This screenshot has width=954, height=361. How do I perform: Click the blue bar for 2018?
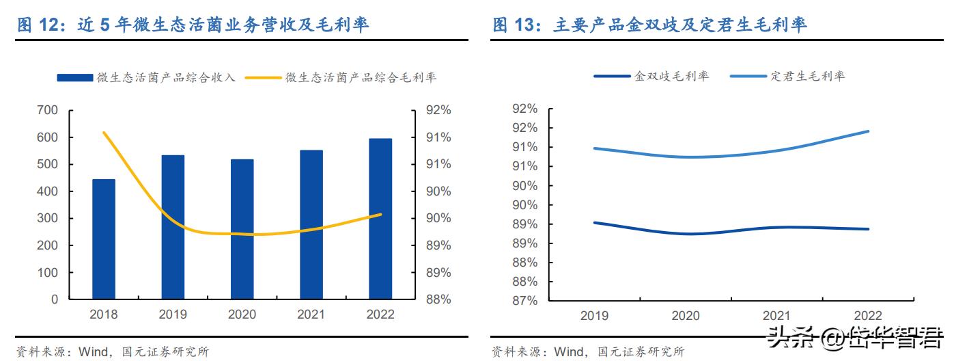click(104, 239)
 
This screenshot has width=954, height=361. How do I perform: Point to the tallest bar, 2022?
click(380, 219)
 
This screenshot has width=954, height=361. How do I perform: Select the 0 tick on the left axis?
click(55, 299)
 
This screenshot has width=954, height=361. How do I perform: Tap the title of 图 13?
click(649, 25)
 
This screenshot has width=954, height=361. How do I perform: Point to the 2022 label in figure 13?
click(868, 316)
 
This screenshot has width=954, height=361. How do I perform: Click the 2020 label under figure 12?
click(242, 315)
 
